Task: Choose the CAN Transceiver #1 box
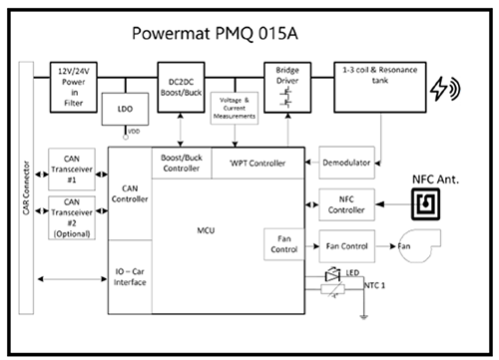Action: tap(72, 164)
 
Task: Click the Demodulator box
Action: tap(345, 162)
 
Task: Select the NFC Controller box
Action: tap(345, 203)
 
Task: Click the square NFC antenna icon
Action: tap(428, 204)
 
